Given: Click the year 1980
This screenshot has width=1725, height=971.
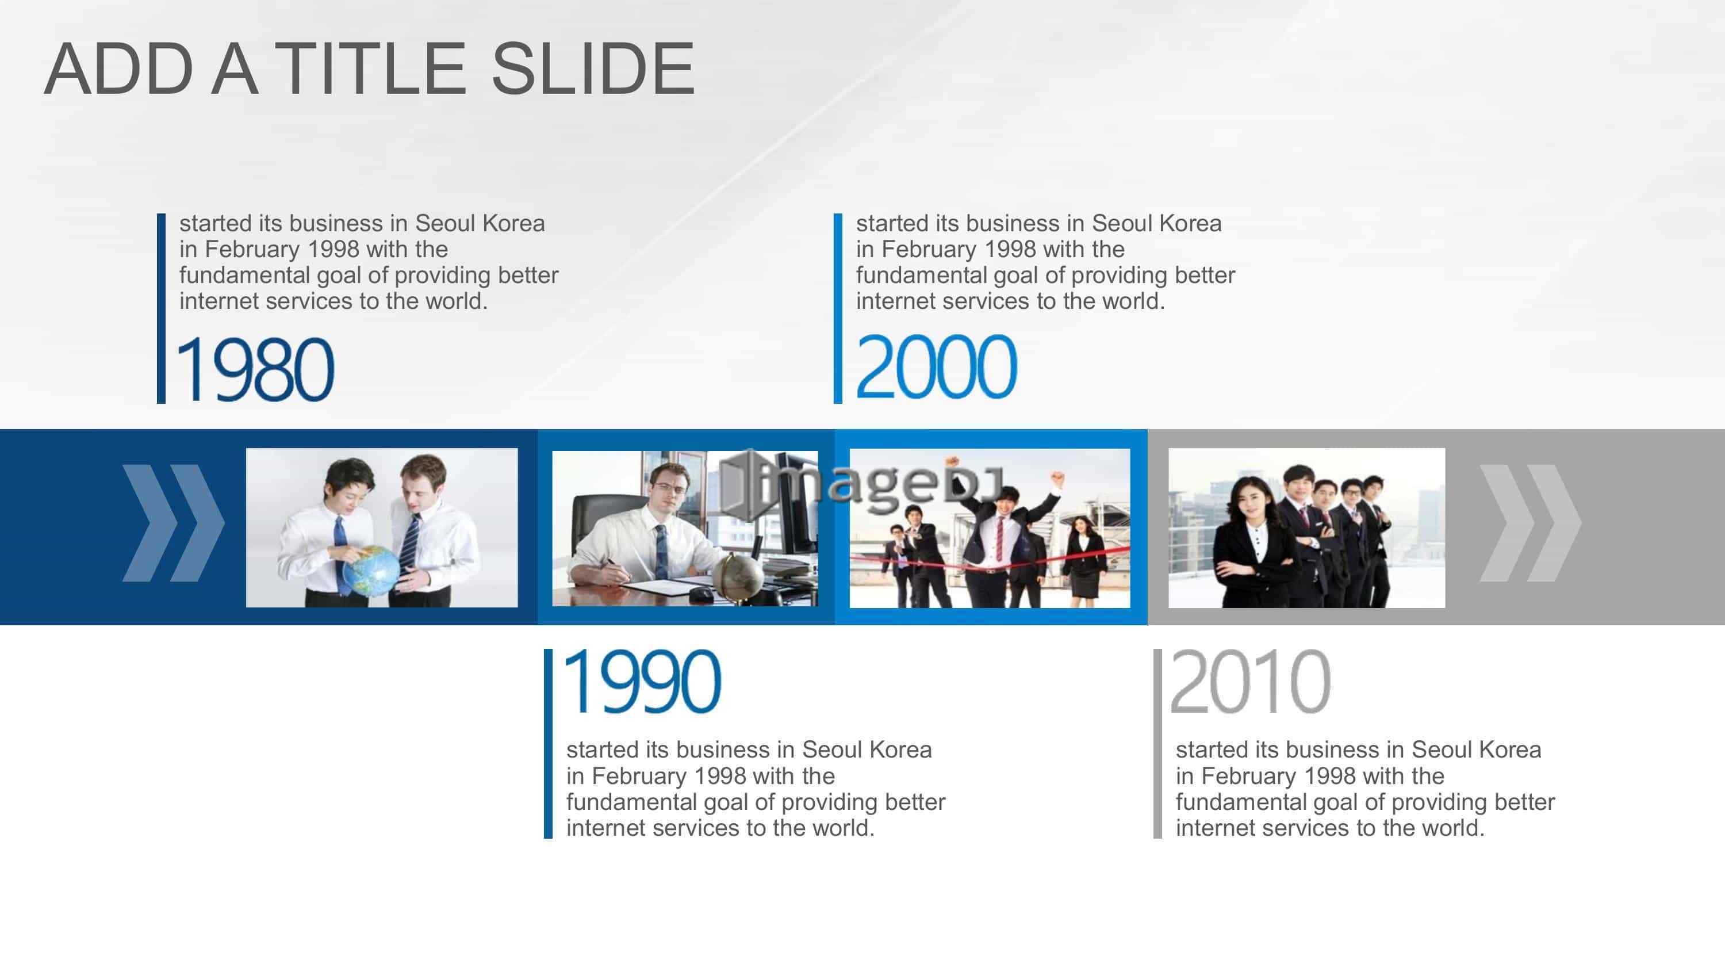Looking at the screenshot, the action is [x=255, y=369].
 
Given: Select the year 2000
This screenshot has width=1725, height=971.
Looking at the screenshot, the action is [x=936, y=366].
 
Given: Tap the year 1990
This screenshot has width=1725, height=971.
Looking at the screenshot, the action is [x=643, y=682].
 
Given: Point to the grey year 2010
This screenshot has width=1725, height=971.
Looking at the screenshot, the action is [x=1250, y=682].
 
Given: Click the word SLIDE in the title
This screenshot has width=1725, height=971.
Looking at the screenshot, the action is [x=593, y=68].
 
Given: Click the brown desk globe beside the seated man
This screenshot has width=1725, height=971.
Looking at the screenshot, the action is [x=737, y=576].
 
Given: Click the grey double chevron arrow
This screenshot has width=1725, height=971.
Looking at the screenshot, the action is [x=1530, y=523].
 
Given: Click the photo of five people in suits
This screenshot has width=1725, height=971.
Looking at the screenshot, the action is [x=1306, y=528].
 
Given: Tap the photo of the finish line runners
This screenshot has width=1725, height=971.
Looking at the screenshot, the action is [x=990, y=528].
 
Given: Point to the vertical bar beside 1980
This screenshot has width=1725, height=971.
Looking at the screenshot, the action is [x=161, y=308].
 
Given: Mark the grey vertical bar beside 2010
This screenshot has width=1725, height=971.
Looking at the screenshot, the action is [x=1157, y=743].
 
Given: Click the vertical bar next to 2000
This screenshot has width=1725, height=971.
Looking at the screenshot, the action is [x=838, y=308].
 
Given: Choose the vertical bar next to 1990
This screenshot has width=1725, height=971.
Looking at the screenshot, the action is [x=548, y=743].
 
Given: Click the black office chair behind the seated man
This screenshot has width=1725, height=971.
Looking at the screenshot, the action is [x=606, y=529].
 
